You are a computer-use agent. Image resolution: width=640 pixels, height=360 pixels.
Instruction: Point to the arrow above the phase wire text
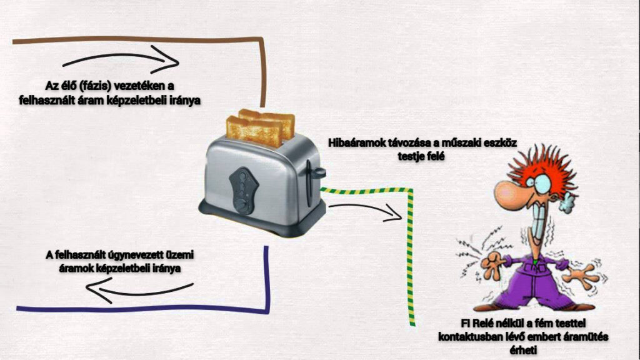coord(122,61)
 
